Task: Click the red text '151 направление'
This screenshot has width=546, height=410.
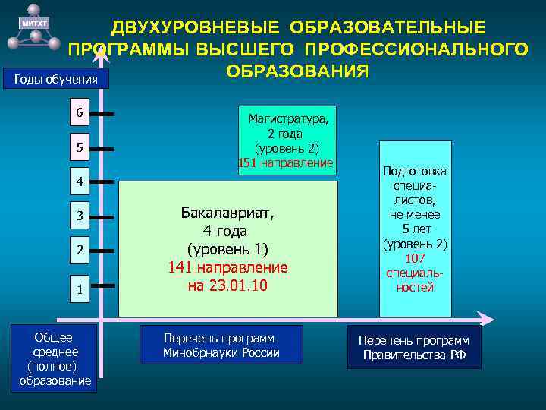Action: click(x=285, y=162)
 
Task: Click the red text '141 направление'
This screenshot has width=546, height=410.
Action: click(x=227, y=267)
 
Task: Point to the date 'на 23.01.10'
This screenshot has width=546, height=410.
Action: click(x=227, y=285)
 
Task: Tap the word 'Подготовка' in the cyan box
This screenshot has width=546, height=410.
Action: click(x=416, y=172)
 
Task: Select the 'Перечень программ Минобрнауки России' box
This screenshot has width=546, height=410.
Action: click(x=221, y=345)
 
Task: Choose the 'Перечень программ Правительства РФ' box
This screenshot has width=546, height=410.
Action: click(x=414, y=348)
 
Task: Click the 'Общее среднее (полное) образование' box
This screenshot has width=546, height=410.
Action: click(x=54, y=358)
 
